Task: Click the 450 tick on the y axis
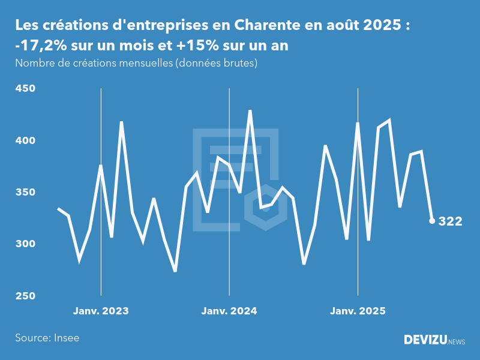click(x=25, y=89)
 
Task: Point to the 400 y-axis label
click(x=25, y=140)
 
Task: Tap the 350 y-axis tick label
click(x=25, y=193)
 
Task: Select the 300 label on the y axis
click(x=25, y=244)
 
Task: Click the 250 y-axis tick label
click(x=25, y=296)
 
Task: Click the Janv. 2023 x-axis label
click(x=101, y=311)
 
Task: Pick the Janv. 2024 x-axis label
click(x=229, y=311)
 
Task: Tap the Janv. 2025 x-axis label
click(x=358, y=311)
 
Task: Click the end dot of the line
click(x=432, y=221)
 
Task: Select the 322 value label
click(x=451, y=221)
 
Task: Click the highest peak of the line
click(x=250, y=111)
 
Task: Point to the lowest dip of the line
click(x=175, y=271)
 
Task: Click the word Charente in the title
click(x=261, y=26)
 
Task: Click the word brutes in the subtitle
click(x=238, y=63)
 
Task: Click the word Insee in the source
click(x=65, y=338)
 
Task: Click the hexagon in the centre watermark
click(x=265, y=207)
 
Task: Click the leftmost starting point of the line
click(x=58, y=209)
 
